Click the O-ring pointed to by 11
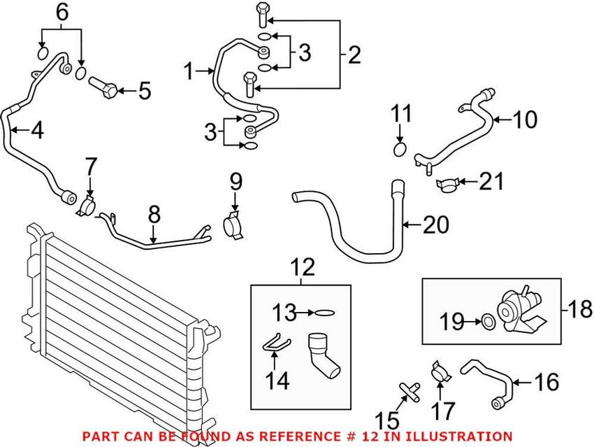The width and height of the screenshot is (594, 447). (400, 150)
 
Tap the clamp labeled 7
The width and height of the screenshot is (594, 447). (87, 206)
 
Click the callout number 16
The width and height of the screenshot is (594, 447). (547, 383)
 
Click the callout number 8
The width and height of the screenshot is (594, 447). (154, 214)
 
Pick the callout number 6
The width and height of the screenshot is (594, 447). (62, 12)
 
